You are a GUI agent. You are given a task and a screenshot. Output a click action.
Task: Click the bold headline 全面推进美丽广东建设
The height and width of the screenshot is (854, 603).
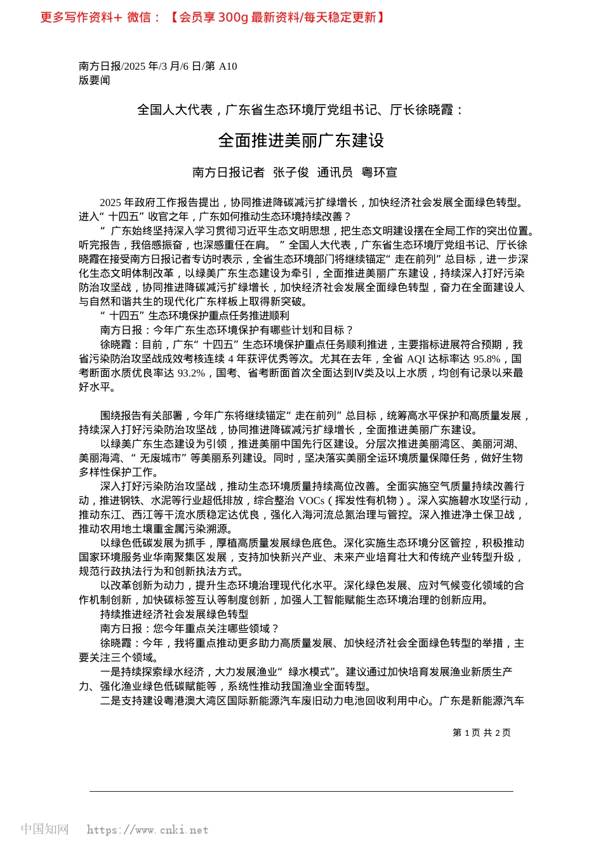301,140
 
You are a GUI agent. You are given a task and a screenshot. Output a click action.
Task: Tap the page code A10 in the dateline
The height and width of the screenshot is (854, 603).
227,66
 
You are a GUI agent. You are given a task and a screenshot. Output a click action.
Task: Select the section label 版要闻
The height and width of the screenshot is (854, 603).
95,81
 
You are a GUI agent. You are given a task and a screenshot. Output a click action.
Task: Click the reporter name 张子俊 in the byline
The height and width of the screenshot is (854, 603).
291,172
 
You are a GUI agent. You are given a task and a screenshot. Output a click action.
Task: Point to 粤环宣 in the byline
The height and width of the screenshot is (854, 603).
379,172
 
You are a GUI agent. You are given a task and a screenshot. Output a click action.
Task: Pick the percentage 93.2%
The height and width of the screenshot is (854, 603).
190,373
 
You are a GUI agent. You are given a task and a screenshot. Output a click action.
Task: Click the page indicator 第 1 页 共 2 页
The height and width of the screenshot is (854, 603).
481,733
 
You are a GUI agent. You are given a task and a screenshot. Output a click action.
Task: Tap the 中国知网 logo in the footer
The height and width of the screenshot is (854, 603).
44,829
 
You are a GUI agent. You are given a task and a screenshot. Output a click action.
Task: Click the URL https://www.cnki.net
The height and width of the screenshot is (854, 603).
147,830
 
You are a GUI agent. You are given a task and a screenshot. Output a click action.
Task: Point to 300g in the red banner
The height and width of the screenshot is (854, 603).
233,17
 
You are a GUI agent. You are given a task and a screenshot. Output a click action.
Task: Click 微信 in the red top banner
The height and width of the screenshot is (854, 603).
139,17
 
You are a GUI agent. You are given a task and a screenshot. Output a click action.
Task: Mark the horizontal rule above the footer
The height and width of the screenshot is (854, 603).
301,791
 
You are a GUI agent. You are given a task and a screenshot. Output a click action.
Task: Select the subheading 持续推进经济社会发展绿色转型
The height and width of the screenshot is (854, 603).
174,614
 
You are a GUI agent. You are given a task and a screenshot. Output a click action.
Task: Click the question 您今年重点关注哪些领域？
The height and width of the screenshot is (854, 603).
216,628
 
